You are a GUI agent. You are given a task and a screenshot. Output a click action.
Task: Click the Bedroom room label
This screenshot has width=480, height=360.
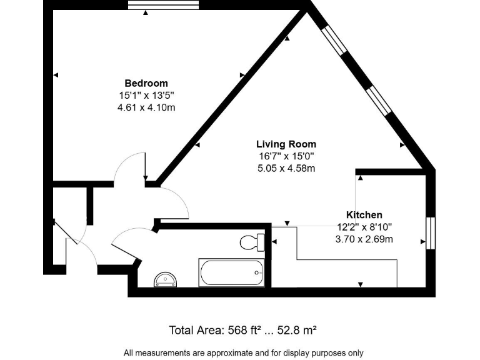point(146,83)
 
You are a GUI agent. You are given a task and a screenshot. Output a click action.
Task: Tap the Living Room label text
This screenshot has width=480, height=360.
point(286,144)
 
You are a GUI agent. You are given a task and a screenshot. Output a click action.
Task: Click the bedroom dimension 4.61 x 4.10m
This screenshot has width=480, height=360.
point(146,107)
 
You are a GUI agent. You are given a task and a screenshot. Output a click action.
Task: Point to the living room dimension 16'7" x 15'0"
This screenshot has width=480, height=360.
point(286,156)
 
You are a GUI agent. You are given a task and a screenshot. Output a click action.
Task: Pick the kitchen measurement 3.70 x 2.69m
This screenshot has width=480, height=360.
point(364,239)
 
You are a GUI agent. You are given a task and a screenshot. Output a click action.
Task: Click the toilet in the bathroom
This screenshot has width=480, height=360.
point(253,242)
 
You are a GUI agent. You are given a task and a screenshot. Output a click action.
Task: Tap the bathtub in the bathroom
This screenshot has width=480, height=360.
point(231,272)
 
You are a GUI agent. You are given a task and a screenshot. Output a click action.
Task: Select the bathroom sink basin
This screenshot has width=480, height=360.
point(166,279)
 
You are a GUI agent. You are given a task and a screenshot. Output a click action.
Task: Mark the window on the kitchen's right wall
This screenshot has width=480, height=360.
point(430,232)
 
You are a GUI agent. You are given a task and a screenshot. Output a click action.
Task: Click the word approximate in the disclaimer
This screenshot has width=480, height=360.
point(211,352)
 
